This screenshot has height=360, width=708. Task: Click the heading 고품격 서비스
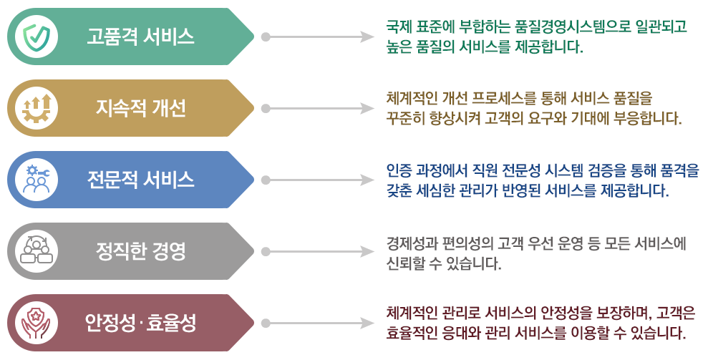141,37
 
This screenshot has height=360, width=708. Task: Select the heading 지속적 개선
141,108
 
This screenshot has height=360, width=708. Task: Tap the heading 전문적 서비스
141,180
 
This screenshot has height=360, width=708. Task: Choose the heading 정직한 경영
141,251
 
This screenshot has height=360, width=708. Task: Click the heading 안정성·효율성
141,323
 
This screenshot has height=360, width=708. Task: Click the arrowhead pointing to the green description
369,37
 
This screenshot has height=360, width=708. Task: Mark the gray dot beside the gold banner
266,108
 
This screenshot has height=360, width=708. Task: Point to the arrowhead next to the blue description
369,180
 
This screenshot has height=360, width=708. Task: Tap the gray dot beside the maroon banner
266,323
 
